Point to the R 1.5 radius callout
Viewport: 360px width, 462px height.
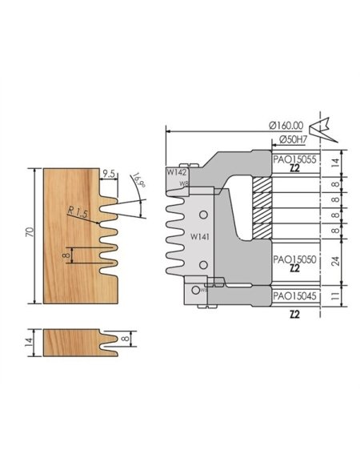(x=78, y=211)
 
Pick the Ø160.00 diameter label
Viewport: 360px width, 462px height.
(x=286, y=126)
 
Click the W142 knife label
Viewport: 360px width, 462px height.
(x=176, y=171)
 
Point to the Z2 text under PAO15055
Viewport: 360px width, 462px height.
(x=295, y=170)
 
